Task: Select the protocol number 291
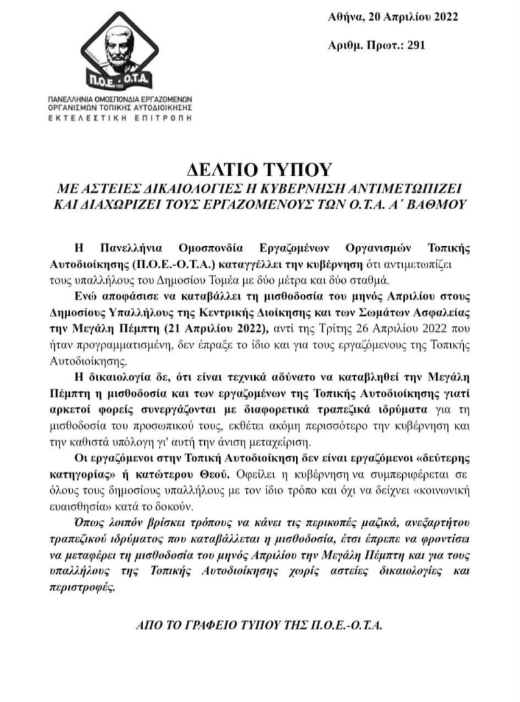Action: point(417,45)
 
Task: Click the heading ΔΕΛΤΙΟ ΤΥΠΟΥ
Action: point(260,169)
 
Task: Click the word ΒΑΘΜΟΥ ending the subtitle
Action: point(430,204)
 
